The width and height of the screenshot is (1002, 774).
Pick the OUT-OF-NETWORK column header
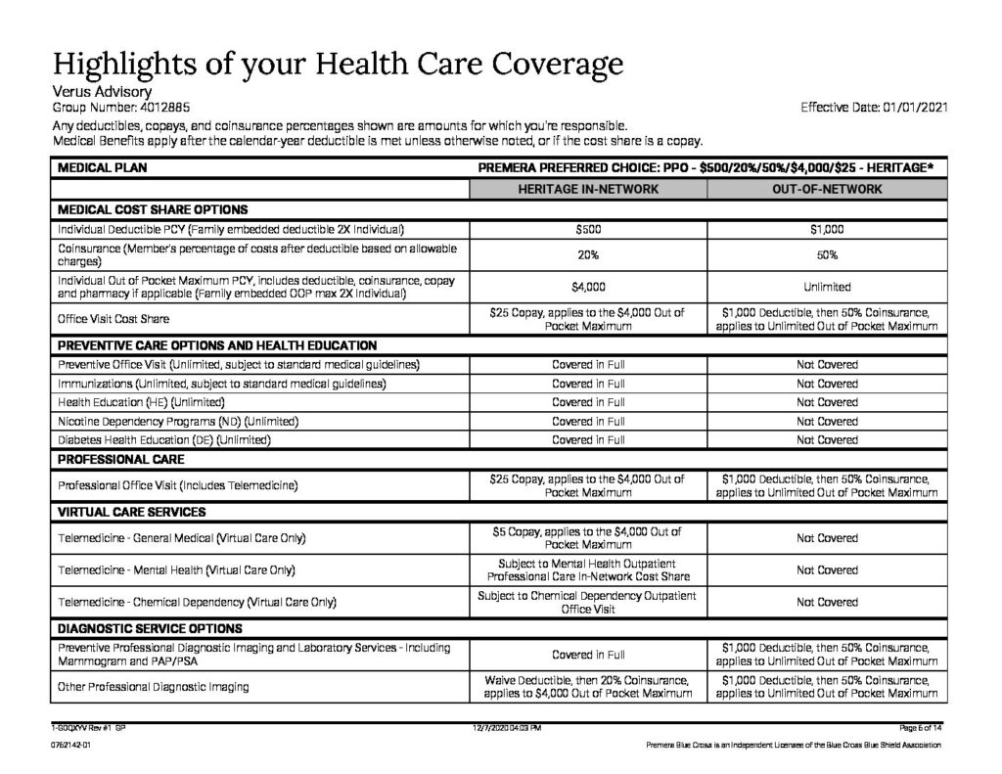tap(826, 188)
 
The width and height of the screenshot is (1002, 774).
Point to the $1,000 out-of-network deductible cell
tap(826, 229)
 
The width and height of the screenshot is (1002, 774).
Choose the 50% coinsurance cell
tap(826, 254)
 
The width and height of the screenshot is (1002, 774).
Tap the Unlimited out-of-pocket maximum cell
tap(826, 287)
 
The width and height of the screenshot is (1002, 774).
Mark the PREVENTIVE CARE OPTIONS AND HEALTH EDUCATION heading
tap(217, 345)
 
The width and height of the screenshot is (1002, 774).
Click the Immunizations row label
tap(221, 384)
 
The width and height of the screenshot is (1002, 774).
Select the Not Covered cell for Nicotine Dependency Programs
tap(826, 421)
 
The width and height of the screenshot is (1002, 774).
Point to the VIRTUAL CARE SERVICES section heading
tap(132, 512)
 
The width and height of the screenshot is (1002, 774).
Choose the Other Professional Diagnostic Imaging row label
tap(154, 687)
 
